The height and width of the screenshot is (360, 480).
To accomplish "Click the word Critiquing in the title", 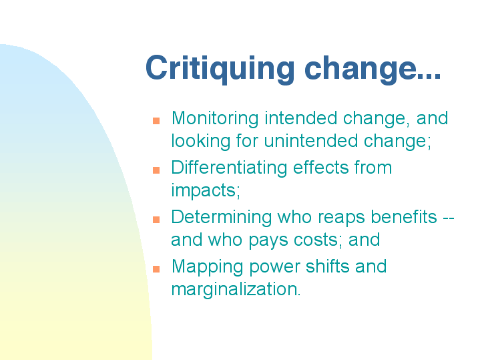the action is pos(220,69).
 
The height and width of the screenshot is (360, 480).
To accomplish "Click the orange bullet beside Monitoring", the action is pos(156,121).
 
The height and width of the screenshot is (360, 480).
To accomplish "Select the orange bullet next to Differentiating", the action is pos(156,170).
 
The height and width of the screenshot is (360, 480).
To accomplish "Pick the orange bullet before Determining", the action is pos(156,219).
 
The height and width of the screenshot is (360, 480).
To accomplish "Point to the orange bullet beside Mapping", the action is pos(156,268).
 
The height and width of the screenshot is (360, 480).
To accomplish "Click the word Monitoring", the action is pos(215,119).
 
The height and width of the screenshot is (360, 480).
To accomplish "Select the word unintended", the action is pos(310,141).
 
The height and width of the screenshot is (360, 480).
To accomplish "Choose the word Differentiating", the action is pos(229,168).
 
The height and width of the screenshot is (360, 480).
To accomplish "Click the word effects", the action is pos(321,168).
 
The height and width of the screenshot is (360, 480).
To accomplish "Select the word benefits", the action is pos(404,217).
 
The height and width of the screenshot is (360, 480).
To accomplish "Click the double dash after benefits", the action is pos(449,218).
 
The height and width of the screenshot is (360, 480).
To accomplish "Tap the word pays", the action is pos(268,241).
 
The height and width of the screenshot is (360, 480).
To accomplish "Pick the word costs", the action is pos(316,240).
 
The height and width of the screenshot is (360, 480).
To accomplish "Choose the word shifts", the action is pos(328,266).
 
